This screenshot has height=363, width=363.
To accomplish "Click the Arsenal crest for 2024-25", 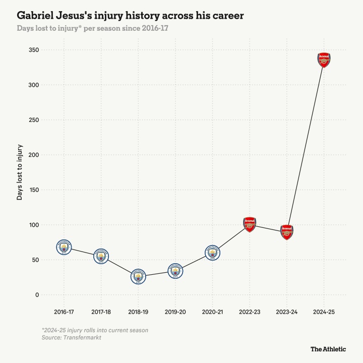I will click(324, 59).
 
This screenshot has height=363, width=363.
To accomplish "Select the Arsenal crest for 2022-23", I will click(250, 224).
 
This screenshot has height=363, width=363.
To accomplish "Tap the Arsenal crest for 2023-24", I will click(287, 231).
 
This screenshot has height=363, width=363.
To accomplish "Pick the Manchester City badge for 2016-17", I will click(64, 248).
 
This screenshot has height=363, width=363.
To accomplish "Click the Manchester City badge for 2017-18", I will click(101, 256).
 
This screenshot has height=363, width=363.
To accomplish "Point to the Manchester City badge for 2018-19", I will click(138, 276).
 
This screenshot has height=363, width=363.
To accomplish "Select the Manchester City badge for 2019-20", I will click(175, 271).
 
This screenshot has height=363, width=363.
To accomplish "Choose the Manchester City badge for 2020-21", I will click(213, 253).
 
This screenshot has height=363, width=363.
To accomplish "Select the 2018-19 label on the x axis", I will click(138, 312).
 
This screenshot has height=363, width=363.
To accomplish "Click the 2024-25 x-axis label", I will click(324, 312).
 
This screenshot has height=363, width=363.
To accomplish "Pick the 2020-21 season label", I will click(213, 312).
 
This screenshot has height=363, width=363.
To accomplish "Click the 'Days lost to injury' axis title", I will click(20, 172).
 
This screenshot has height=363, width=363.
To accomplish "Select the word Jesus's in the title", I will click(92, 16).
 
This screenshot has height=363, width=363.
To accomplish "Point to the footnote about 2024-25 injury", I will click(95, 330).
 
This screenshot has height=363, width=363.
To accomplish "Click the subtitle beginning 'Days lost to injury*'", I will click(92, 28).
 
